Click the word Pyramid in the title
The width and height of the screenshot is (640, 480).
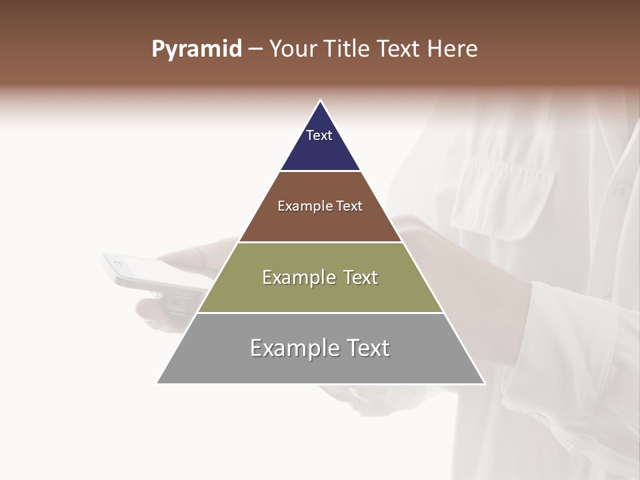tap(197, 49)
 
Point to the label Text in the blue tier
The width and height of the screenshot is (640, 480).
tap(319, 135)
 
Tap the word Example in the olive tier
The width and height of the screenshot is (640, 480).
tap(292, 277)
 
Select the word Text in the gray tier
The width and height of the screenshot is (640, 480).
tap(366, 348)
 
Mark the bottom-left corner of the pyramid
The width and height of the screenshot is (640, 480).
tap(157, 383)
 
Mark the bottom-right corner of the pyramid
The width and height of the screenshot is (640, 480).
tap(485, 383)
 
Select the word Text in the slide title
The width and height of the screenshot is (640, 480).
tap(399, 49)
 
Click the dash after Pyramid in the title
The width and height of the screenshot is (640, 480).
tap(255, 49)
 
